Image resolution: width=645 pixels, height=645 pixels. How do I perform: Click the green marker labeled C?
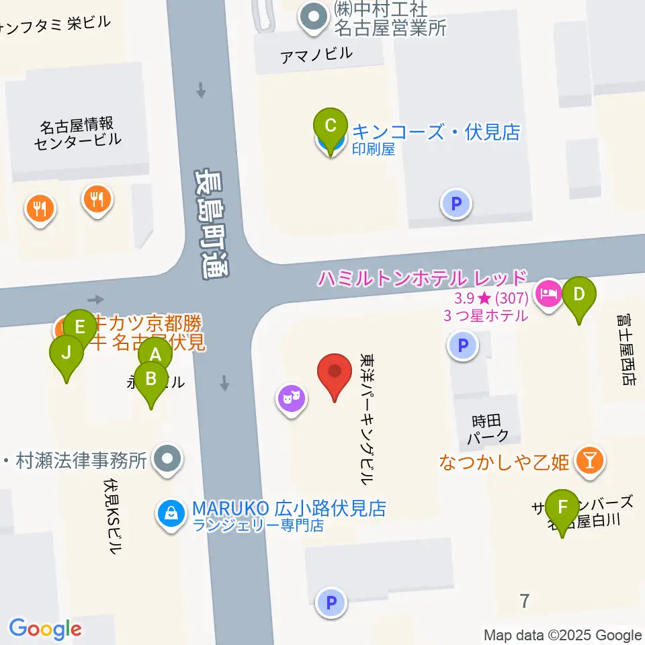point(331,126)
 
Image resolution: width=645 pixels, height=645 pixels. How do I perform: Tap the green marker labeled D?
point(579,294)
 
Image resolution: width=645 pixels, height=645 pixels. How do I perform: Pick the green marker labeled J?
point(67,352)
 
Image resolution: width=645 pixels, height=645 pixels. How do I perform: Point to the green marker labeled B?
point(151,379)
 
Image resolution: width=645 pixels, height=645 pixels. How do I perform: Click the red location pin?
point(335,372)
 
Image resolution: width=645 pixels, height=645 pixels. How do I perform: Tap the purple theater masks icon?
point(292,400)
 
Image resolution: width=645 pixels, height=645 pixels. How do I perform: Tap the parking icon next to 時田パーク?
point(462,347)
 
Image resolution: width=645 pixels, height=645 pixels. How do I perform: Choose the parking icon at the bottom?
point(331,603)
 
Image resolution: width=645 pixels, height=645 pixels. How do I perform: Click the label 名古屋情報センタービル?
point(77,132)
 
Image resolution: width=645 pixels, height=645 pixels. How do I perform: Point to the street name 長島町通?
point(211,224)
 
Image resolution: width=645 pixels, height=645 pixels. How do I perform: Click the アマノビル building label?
point(316,54)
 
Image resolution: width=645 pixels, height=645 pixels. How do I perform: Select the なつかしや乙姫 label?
point(504,462)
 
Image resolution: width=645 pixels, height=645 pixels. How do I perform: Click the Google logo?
point(45,629)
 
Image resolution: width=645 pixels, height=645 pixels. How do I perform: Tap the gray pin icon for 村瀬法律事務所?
point(167,460)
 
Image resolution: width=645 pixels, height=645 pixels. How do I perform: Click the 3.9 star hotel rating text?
point(482,298)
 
